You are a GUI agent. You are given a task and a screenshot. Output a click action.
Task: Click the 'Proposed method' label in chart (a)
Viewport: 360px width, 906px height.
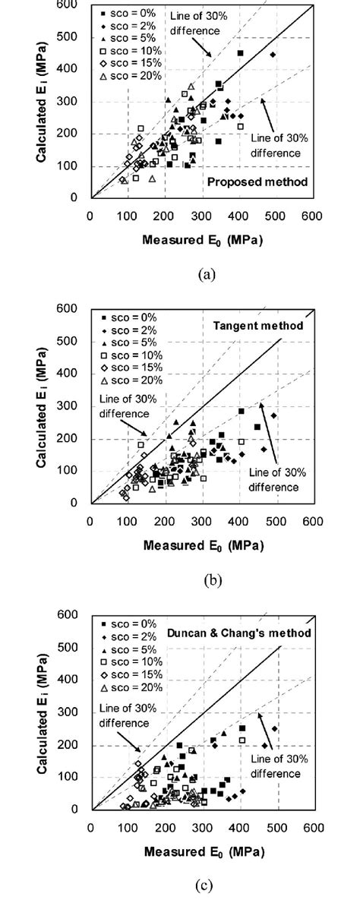coord(269,182)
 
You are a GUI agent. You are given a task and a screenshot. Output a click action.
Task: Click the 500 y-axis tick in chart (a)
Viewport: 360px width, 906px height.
coord(74,37)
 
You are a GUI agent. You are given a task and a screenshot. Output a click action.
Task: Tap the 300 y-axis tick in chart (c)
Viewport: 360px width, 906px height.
coord(74,713)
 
